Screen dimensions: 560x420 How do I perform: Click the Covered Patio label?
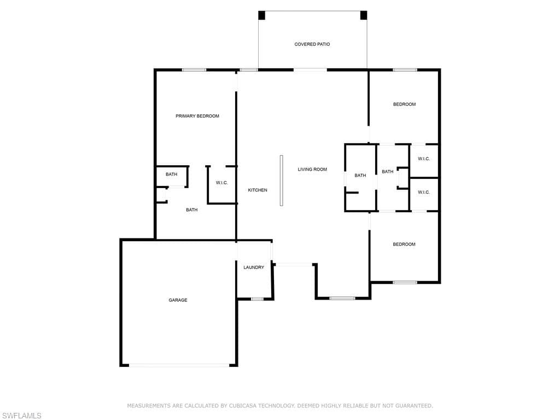tap(312, 44)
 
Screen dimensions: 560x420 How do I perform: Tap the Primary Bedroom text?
tap(197, 116)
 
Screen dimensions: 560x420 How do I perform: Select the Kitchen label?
tap(258, 190)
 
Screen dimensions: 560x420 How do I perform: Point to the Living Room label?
tap(312, 170)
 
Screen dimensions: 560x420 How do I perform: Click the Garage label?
tap(178, 300)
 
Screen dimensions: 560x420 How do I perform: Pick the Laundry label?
tap(254, 267)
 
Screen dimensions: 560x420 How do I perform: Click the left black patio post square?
tap(262, 15)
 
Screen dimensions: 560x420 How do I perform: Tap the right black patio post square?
tap(364, 15)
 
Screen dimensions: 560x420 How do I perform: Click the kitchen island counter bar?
tap(282, 180)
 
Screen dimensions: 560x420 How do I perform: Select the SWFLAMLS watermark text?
tap(21, 416)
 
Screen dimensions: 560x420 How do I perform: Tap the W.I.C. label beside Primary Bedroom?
tap(222, 183)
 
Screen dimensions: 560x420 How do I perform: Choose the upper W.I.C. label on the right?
tap(424, 159)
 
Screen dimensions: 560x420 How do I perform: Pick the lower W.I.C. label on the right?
tap(424, 192)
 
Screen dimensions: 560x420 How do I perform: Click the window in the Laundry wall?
tap(257, 299)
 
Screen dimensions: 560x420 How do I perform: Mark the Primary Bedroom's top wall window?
tap(194, 70)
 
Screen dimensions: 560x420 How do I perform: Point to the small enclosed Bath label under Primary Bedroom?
tap(171, 174)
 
